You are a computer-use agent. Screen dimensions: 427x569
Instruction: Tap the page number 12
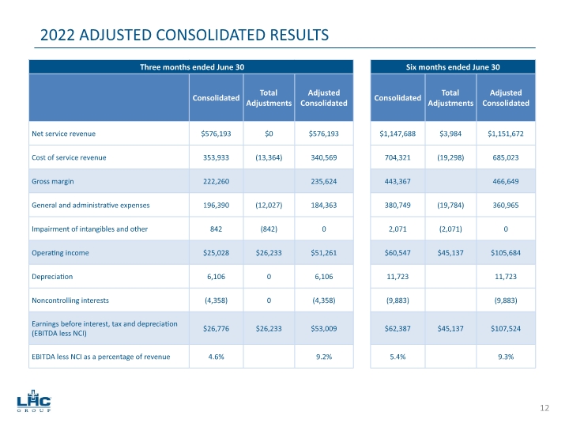544,408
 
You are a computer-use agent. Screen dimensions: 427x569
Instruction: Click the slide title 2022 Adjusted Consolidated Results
184,35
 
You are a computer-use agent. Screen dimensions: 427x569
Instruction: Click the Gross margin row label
53,181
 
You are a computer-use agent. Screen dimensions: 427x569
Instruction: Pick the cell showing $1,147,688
398,134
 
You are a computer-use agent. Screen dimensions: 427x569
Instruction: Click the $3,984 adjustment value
450,134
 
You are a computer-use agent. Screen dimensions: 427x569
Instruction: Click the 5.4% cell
398,356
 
